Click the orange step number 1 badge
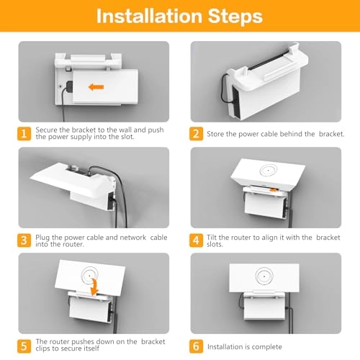point(24,134)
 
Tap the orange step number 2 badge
point(196,134)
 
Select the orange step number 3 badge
point(24,240)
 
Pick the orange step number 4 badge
point(196,240)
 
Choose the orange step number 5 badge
point(24,346)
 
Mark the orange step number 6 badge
point(196,346)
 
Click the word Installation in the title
point(149,17)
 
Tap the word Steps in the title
point(235,17)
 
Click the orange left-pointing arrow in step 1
point(96,86)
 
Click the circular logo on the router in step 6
point(264,276)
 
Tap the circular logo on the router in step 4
point(269,171)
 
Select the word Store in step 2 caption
point(215,134)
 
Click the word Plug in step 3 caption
point(42,238)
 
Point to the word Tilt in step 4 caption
point(212,238)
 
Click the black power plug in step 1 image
point(70,86)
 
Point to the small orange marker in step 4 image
point(273,190)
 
